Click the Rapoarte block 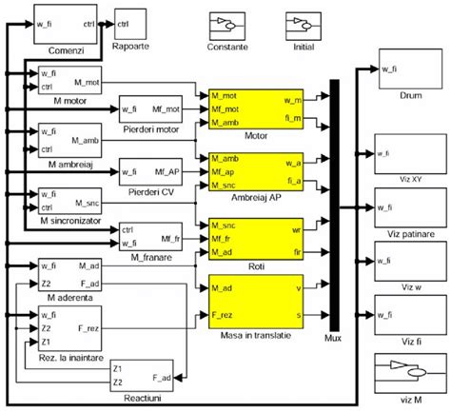click(129, 19)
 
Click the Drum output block click(409, 77)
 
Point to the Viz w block click(409, 260)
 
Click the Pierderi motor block click(149, 109)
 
